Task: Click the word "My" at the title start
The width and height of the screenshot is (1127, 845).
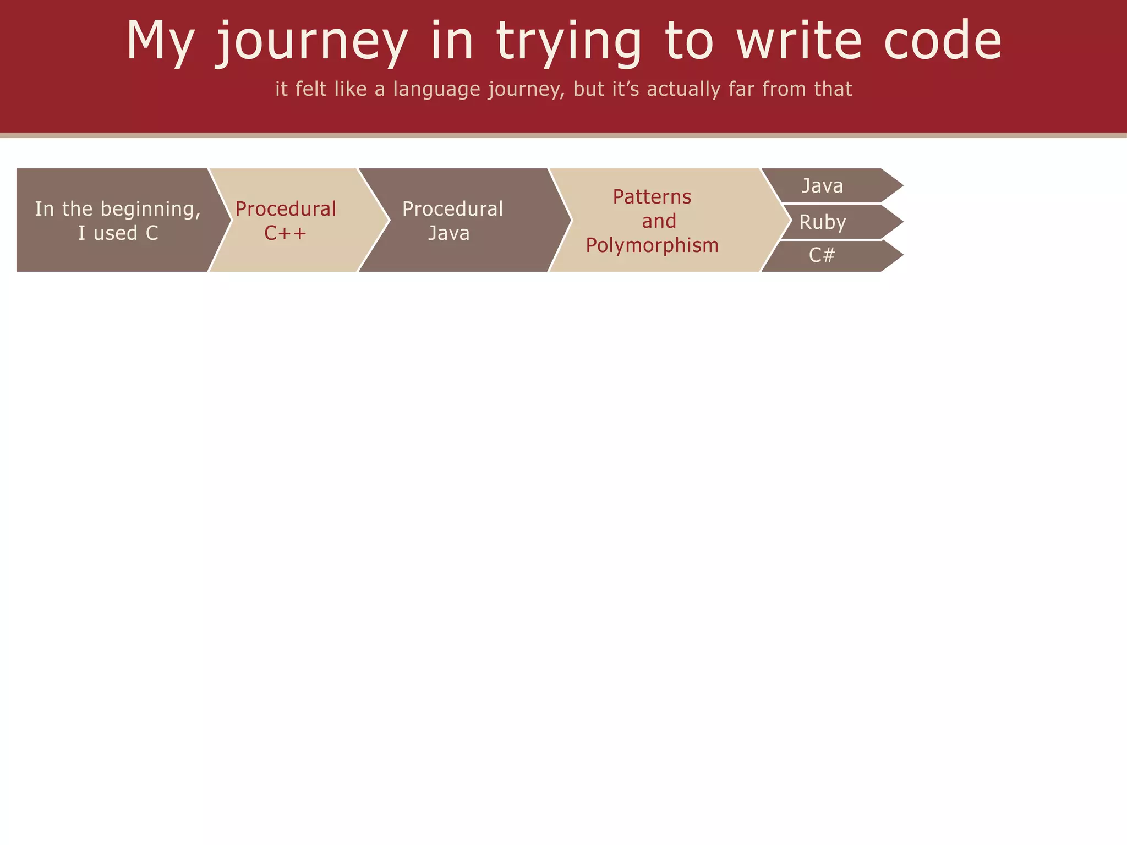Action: (160, 41)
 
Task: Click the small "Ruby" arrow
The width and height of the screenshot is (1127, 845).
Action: (831, 222)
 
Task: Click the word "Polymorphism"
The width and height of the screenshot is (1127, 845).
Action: (652, 245)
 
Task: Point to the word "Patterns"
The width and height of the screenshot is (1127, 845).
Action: (652, 196)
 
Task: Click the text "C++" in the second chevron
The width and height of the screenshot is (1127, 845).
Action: (285, 233)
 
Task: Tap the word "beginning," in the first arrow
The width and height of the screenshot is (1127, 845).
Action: (151, 210)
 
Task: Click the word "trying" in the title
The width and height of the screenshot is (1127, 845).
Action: (569, 41)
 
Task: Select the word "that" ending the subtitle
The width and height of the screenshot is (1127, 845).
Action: (833, 89)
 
